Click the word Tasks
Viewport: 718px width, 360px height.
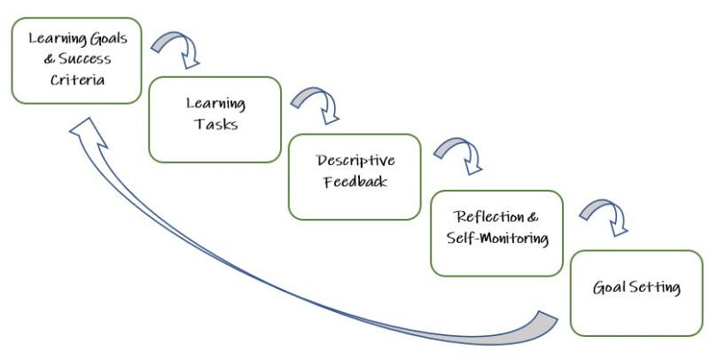215,124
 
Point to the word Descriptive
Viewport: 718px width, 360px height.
355,160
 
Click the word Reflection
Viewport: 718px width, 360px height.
488,217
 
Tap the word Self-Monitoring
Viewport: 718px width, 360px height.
496,239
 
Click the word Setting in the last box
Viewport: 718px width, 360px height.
654,287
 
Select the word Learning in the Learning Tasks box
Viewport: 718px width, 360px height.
215,103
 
